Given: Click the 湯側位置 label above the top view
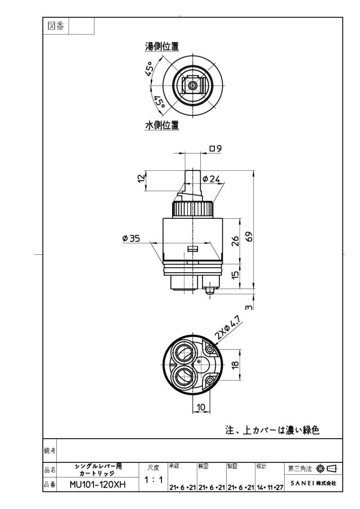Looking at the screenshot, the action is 161,47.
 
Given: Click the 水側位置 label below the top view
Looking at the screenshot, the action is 161,125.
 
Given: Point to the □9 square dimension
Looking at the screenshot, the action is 215,148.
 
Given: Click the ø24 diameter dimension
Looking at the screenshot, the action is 211,178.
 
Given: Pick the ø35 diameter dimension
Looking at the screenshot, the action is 131,238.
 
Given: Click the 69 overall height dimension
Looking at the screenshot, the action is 249,236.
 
